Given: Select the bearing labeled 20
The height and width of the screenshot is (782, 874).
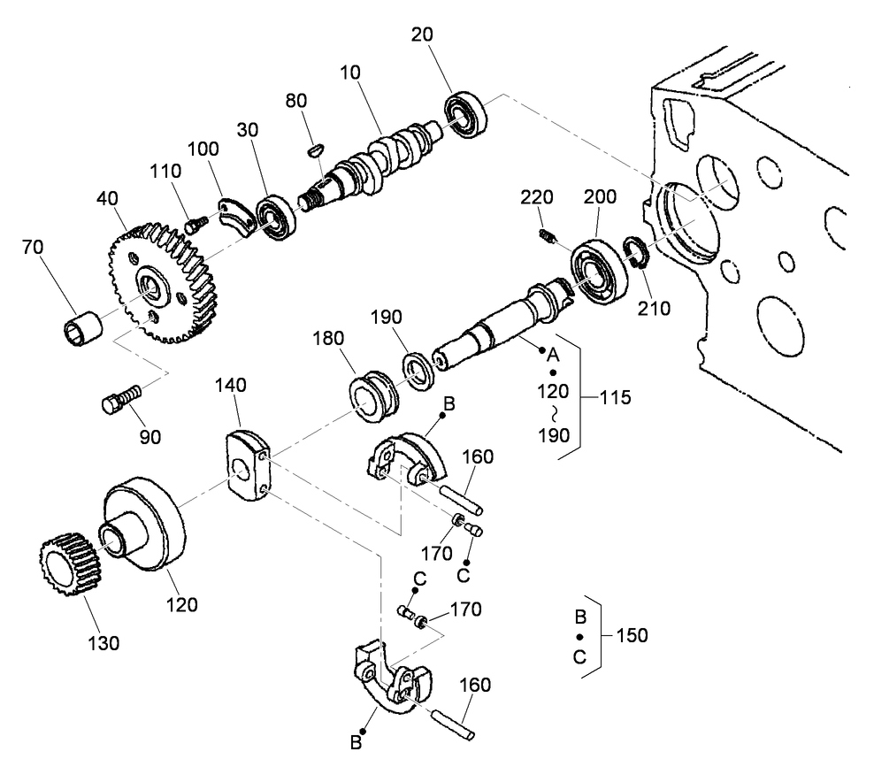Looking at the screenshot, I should click(x=466, y=111).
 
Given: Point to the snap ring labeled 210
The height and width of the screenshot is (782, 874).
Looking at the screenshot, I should click(x=638, y=252).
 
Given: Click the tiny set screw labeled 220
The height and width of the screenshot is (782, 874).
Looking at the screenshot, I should click(x=548, y=235).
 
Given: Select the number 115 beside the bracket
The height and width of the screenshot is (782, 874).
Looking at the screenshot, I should click(x=612, y=397).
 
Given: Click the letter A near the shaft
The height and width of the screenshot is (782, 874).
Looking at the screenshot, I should click(x=555, y=354).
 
